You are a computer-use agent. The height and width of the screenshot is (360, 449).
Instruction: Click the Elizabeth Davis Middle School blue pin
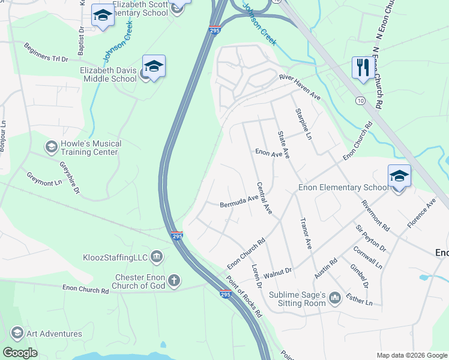[x=154, y=67]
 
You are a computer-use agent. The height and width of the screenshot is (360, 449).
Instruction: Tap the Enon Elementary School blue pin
[x=399, y=176]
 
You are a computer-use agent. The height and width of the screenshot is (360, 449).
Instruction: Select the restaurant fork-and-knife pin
[x=363, y=68]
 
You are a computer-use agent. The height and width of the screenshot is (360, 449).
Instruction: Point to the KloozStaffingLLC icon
[x=157, y=257]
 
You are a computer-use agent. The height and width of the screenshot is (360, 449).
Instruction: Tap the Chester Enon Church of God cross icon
[x=174, y=280]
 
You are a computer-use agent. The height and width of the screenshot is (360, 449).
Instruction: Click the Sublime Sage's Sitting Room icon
[x=335, y=298]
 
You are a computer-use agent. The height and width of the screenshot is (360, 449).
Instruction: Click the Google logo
[x=20, y=352]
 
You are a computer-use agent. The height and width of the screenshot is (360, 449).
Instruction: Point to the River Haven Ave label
[x=300, y=88]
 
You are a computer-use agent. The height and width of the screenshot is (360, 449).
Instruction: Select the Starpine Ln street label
[x=303, y=124]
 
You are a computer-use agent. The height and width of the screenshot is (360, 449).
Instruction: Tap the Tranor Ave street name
[x=306, y=233]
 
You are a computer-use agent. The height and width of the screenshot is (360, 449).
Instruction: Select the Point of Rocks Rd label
[x=244, y=296]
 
